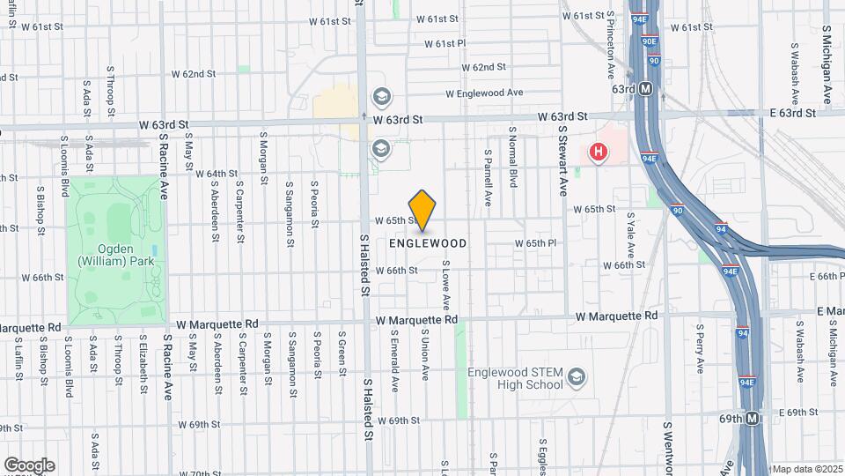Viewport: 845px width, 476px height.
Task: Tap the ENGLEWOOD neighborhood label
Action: point(427,242)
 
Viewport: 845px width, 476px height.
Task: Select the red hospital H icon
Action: point(599,152)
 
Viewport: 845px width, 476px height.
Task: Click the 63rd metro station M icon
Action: point(646,89)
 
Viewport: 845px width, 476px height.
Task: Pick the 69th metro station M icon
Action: point(752,419)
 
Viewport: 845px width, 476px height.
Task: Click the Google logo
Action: point(29,465)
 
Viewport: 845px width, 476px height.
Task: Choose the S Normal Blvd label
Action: point(512,157)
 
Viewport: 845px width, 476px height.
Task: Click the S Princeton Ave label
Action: point(611,44)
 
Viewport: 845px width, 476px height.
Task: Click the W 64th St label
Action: point(217,174)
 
